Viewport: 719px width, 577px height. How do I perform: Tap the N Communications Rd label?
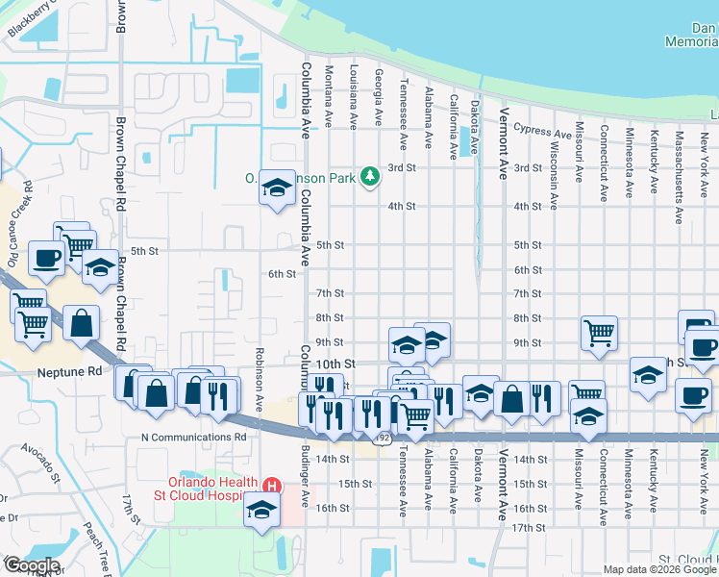click(193, 437)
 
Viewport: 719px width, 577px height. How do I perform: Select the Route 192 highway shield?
click(383, 438)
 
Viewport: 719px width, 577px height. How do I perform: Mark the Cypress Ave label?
click(542, 129)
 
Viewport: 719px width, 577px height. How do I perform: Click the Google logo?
click(31, 565)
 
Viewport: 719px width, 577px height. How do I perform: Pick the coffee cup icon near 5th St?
click(47, 257)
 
